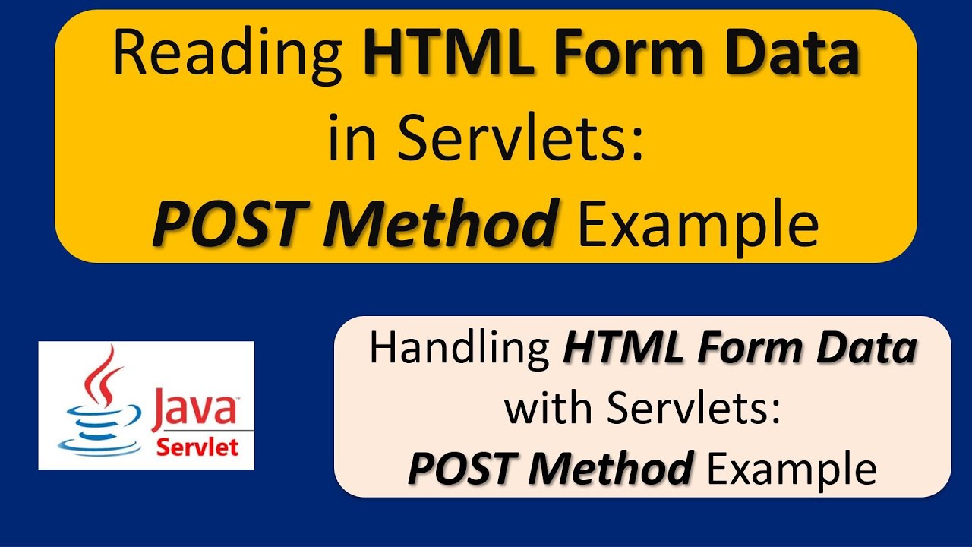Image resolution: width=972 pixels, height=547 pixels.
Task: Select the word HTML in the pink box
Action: point(620,349)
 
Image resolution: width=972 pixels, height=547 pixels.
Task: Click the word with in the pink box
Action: point(548,409)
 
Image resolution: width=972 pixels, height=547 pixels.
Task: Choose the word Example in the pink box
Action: point(791,468)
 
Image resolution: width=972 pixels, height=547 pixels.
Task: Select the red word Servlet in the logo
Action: point(197,446)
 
